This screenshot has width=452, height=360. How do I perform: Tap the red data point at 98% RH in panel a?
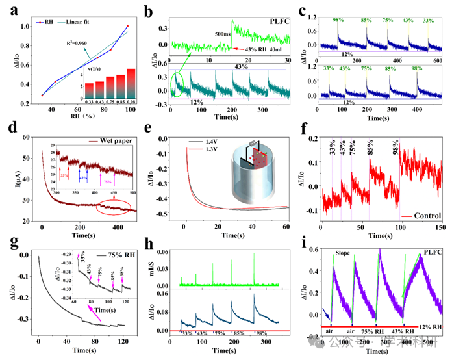point(128,27)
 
